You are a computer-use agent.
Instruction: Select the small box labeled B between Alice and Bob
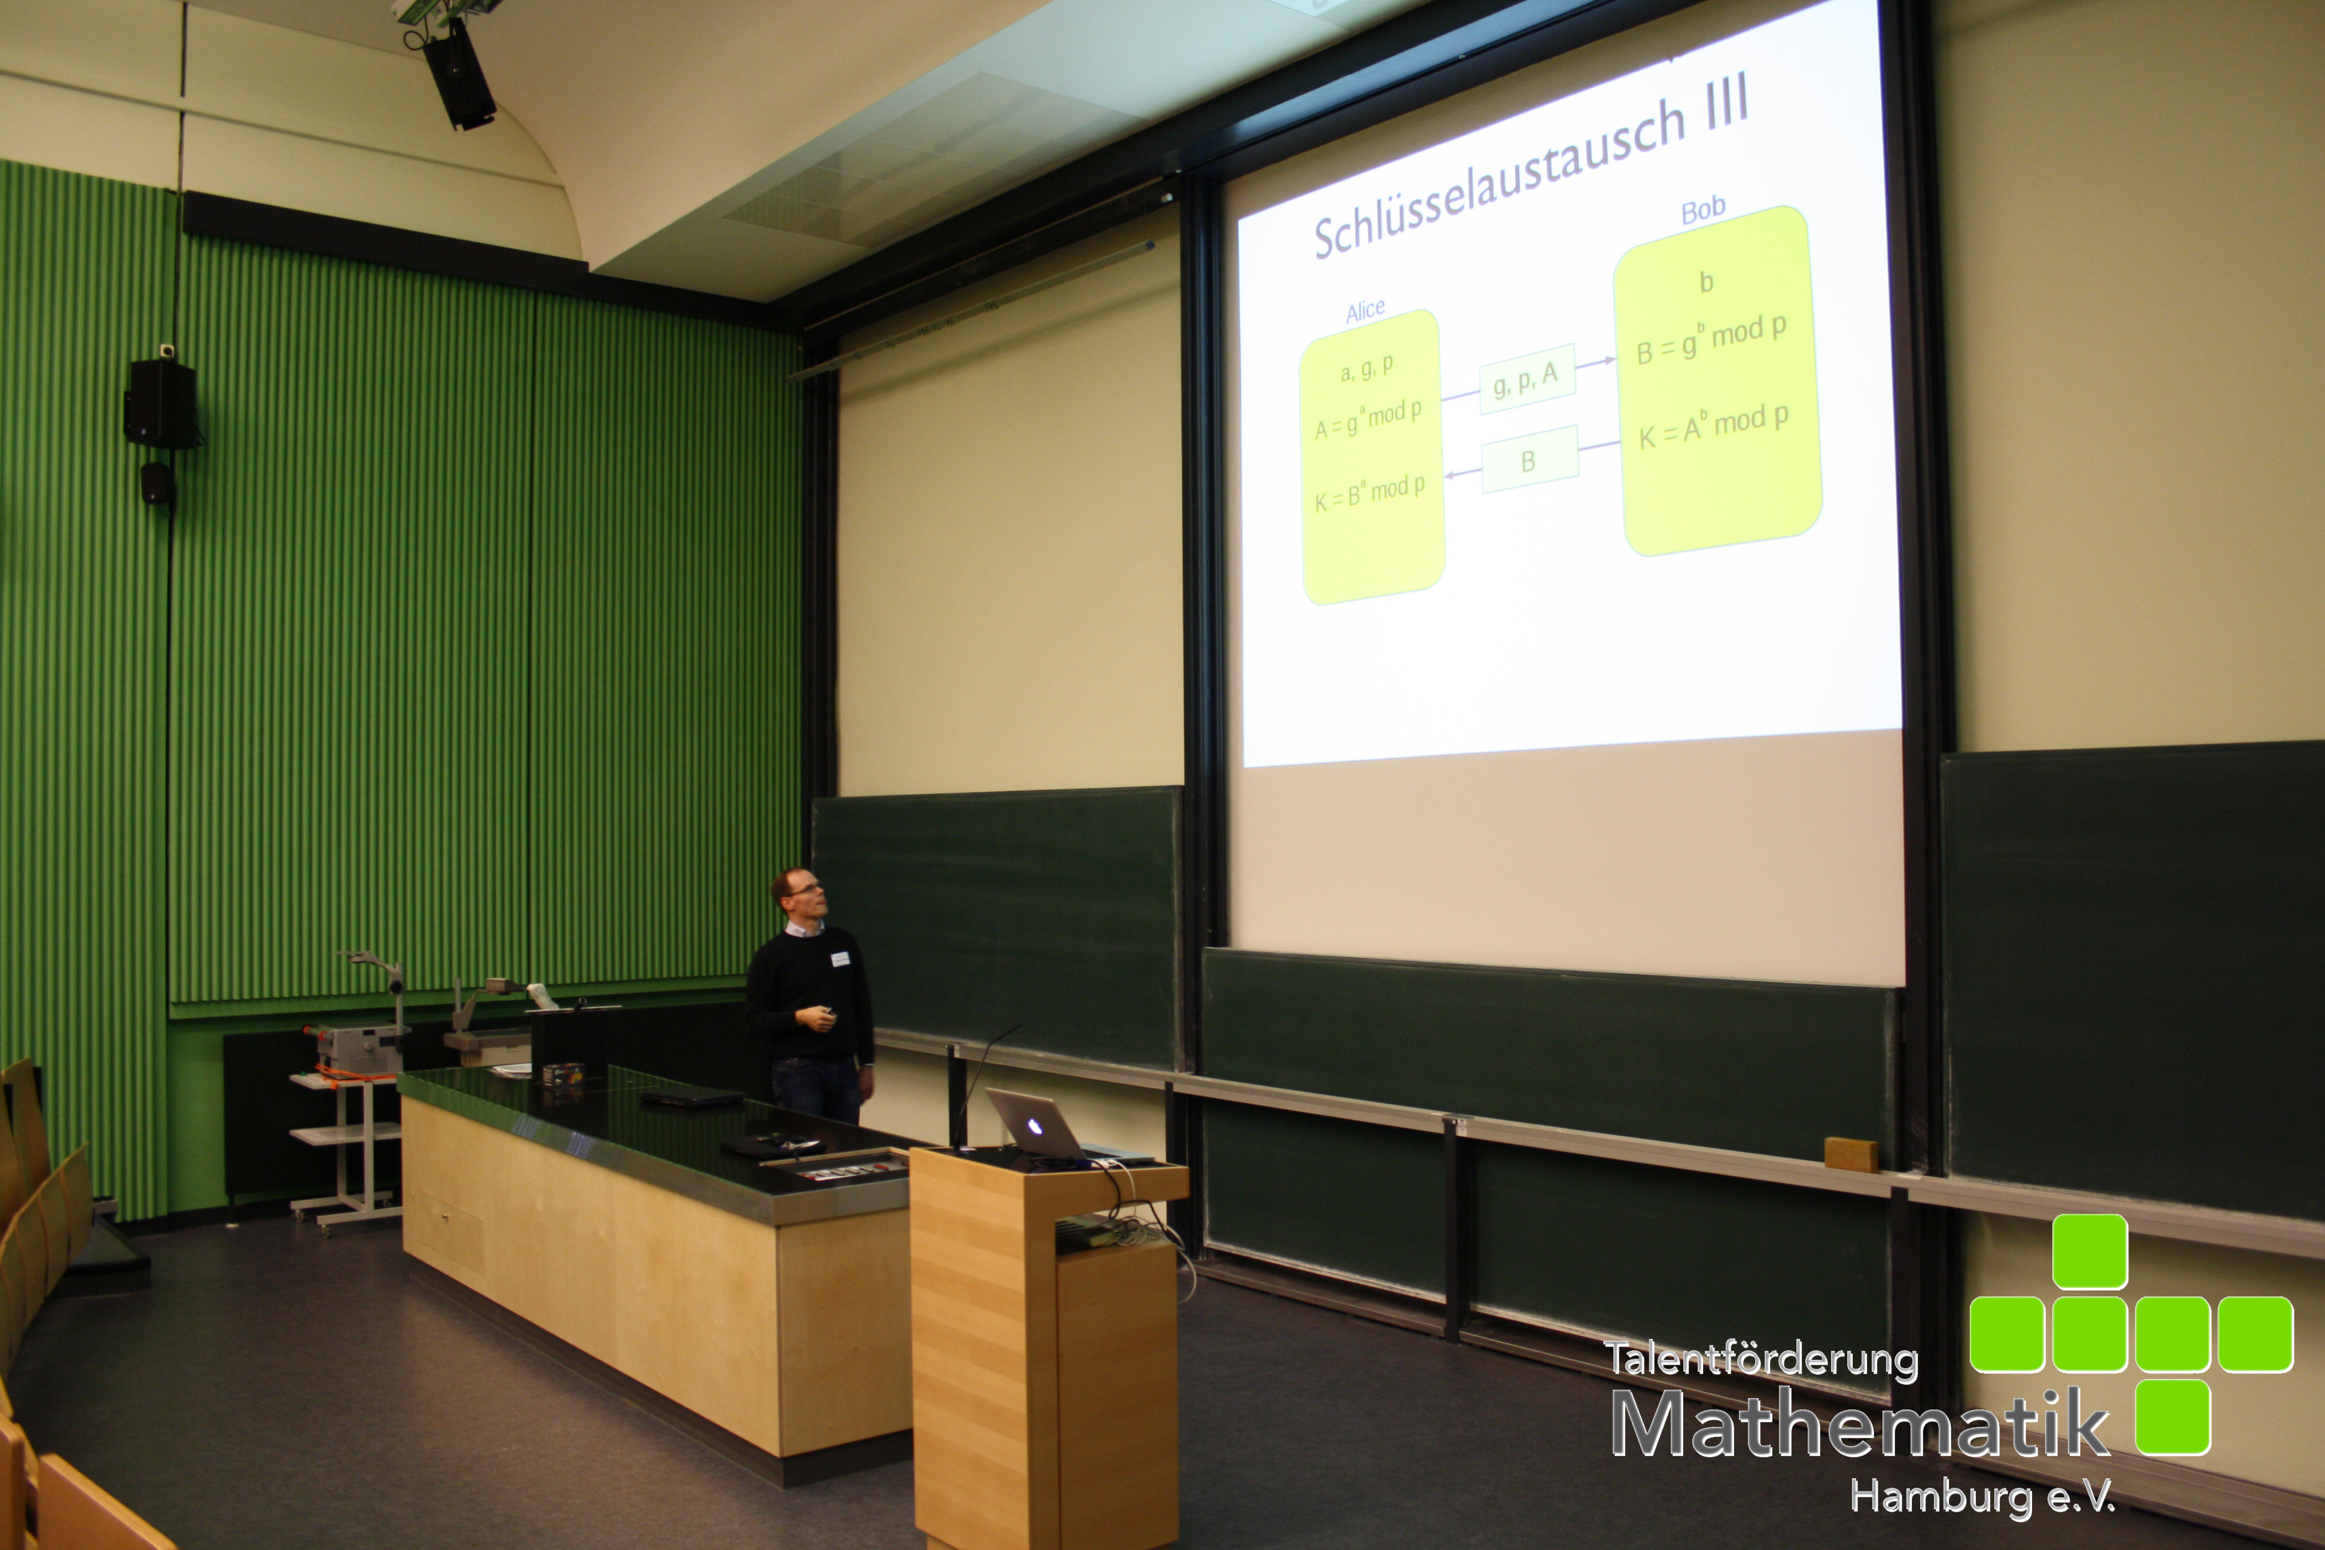pos(1528,460)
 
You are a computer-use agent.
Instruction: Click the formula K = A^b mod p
pos(1713,426)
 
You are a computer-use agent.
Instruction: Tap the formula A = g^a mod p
pos(1368,419)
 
